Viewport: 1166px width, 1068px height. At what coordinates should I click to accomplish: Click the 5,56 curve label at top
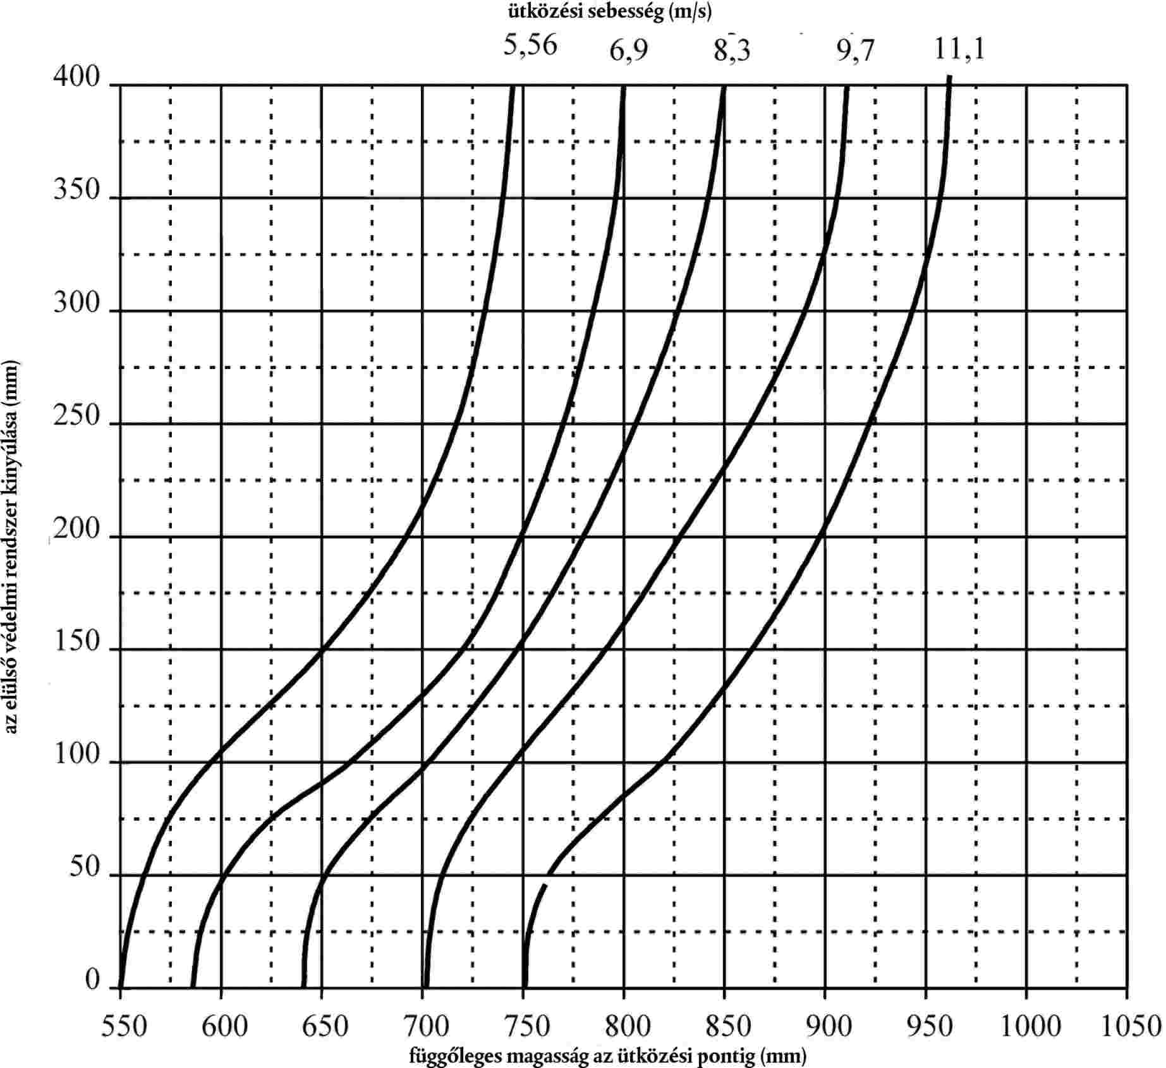click(x=530, y=46)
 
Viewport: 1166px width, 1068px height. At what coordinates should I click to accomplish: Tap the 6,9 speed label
click(x=628, y=51)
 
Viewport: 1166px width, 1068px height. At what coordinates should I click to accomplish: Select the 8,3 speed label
click(x=732, y=51)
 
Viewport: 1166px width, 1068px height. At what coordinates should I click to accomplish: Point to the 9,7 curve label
click(x=855, y=51)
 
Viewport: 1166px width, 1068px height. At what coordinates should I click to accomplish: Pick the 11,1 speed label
click(x=959, y=49)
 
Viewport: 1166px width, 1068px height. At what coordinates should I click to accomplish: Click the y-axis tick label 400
click(x=76, y=78)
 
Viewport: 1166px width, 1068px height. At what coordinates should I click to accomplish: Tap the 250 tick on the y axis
click(x=76, y=416)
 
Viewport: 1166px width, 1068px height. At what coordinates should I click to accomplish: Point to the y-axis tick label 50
click(x=85, y=868)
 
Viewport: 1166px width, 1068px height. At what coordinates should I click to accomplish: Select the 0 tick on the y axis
click(x=93, y=981)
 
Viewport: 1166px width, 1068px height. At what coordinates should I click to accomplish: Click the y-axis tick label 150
click(x=76, y=642)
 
